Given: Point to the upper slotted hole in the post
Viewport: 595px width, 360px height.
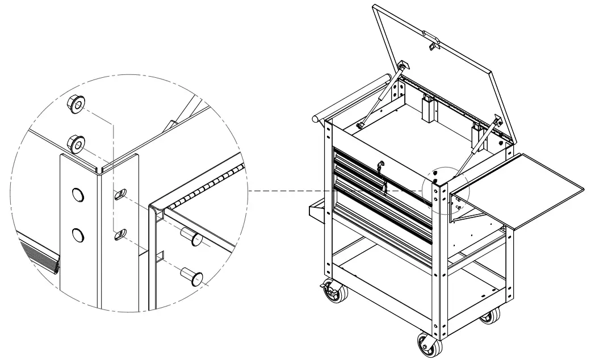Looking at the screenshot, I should pyautogui.click(x=120, y=195).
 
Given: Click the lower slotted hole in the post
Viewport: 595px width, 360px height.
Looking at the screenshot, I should pyautogui.click(x=120, y=233).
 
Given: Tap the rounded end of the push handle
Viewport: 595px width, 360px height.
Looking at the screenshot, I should pyautogui.click(x=316, y=120).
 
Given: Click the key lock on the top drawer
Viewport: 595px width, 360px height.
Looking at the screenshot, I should pyautogui.click(x=380, y=166).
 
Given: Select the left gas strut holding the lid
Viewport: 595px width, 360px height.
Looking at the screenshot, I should pyautogui.click(x=378, y=99).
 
